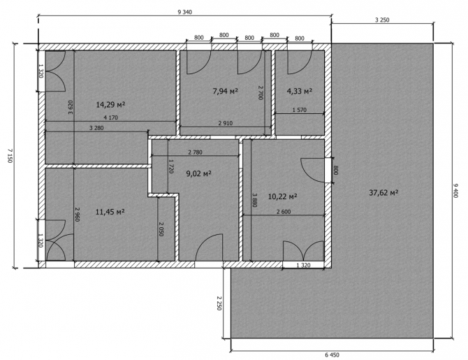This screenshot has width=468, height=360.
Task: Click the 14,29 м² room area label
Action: (x=110, y=105)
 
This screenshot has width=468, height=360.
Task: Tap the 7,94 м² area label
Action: (x=226, y=91)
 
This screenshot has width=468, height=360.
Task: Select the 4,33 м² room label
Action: (x=300, y=91)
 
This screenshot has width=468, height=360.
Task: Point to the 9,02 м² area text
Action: (x=199, y=173)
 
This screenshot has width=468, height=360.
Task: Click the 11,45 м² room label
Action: (x=110, y=212)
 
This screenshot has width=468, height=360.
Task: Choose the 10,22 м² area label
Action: (x=283, y=196)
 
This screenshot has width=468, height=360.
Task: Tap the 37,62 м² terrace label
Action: (x=384, y=193)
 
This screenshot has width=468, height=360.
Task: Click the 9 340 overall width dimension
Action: (x=184, y=12)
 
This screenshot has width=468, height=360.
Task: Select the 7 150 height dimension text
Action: (x=9, y=155)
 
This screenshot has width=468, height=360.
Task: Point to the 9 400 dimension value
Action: (x=455, y=190)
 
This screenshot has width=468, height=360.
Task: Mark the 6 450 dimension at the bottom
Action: (x=332, y=355)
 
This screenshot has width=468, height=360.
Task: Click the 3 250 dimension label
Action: (x=382, y=20)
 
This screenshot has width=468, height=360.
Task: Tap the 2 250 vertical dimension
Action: (x=219, y=303)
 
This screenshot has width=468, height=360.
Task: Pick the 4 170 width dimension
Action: (x=110, y=117)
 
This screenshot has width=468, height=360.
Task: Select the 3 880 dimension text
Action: (x=254, y=200)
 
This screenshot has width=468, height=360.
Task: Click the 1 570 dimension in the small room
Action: (x=300, y=110)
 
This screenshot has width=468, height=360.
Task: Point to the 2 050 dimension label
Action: (x=161, y=229)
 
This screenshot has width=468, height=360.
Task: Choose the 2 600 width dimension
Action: (x=284, y=212)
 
